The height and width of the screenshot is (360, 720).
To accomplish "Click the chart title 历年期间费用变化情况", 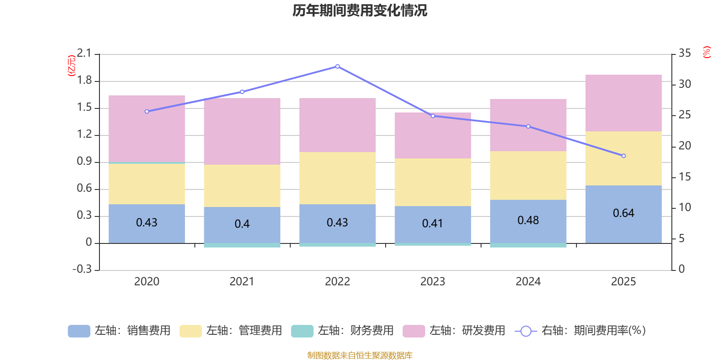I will tap(360, 10).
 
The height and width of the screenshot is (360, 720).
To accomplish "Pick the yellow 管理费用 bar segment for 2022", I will tap(337, 178).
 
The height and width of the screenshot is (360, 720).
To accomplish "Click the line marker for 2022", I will tap(337, 67).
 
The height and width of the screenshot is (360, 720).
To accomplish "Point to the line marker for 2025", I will tap(623, 156).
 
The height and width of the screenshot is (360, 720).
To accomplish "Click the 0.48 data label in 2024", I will tap(528, 220).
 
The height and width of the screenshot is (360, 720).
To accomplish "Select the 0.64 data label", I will tap(623, 213).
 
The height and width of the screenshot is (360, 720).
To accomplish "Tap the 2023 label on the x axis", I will tap(432, 281).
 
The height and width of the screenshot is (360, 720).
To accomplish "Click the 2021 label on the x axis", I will tap(242, 281).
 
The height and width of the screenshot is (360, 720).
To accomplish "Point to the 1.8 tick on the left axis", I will tap(84, 81).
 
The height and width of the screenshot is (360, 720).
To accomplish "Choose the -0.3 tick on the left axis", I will tap(82, 269).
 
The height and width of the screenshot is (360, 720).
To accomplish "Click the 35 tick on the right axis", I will tap(684, 54).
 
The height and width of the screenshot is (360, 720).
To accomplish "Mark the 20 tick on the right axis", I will tap(684, 146).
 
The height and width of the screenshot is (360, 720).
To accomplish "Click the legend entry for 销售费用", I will tap(120, 331).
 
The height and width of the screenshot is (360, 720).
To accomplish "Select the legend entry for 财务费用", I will tap(343, 331).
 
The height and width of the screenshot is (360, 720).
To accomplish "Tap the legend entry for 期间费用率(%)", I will tap(580, 331).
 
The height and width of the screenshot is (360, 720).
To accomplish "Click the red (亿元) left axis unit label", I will tap(71, 66).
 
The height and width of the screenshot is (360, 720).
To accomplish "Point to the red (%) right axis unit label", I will tap(707, 52).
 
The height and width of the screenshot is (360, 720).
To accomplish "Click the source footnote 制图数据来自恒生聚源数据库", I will tap(360, 355).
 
